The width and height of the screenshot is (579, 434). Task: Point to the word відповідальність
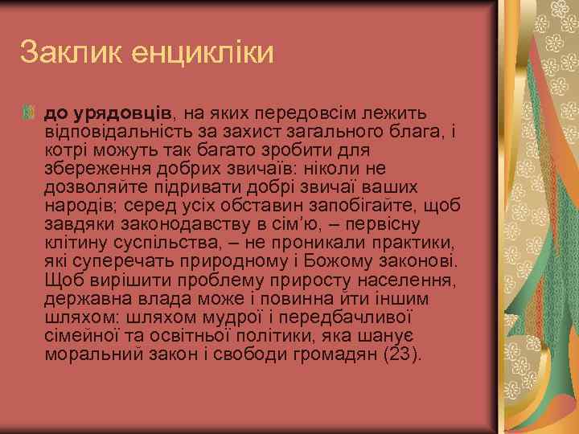click(122, 132)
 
